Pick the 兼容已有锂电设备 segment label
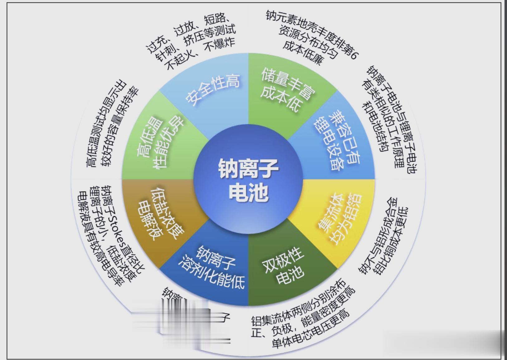(x=337, y=140)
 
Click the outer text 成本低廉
(x=302, y=53)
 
